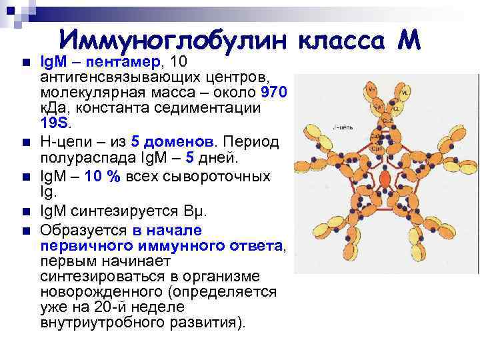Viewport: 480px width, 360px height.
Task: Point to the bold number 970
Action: [275, 93]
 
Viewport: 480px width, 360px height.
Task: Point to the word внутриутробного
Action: [99, 323]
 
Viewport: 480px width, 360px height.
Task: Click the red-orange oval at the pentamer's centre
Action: [385, 178]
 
